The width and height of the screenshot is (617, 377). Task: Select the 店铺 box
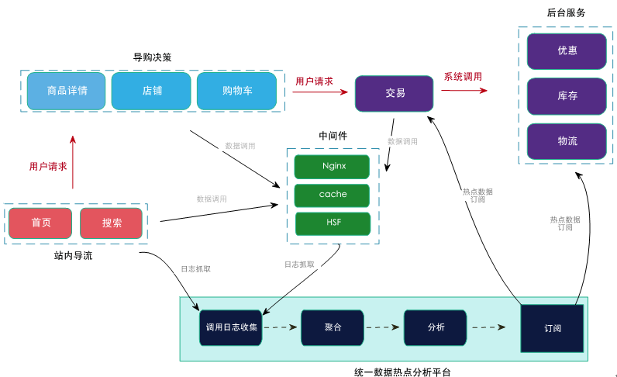click(x=151, y=91)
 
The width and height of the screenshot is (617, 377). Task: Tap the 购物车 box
click(x=236, y=91)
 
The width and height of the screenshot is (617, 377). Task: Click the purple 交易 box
click(x=394, y=93)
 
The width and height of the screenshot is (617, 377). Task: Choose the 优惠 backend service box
click(x=567, y=51)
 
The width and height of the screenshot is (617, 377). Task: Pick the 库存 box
click(x=567, y=96)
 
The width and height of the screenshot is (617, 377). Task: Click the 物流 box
click(x=567, y=141)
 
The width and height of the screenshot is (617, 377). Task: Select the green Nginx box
click(x=333, y=167)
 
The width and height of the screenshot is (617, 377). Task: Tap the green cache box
click(x=333, y=195)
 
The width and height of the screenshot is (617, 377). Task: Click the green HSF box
click(x=333, y=223)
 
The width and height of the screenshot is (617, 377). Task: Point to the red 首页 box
click(x=40, y=223)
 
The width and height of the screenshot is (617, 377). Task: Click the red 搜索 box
click(x=112, y=223)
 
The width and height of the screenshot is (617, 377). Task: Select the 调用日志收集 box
click(x=231, y=327)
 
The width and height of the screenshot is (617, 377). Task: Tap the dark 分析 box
click(x=435, y=327)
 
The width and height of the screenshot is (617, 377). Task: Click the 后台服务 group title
click(x=566, y=13)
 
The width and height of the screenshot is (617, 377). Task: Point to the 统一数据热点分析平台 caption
click(x=396, y=372)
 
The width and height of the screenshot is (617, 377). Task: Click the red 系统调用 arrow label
click(x=463, y=77)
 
